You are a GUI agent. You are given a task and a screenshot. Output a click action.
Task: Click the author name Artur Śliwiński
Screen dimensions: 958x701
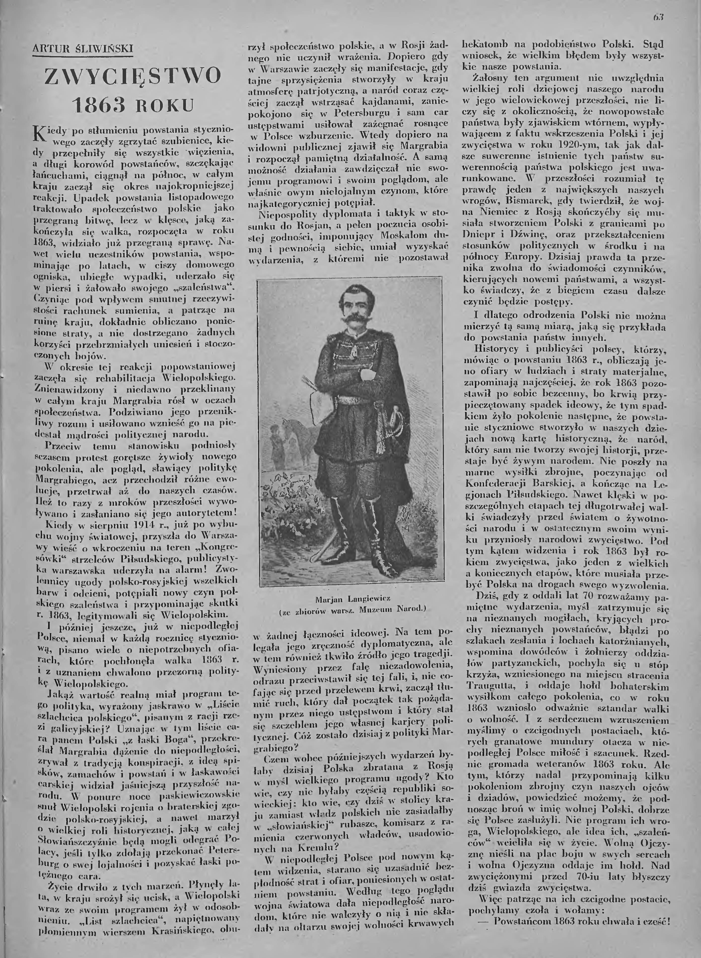[83, 49]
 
